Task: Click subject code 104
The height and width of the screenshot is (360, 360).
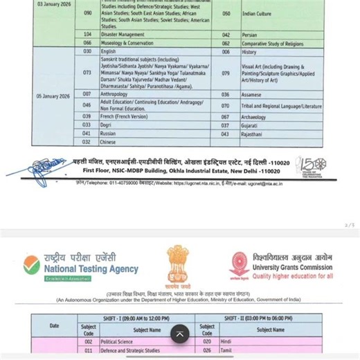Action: tap(87, 34)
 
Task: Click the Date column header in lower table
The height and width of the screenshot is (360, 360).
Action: tap(54, 325)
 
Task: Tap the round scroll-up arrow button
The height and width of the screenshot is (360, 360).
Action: tap(179, 334)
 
